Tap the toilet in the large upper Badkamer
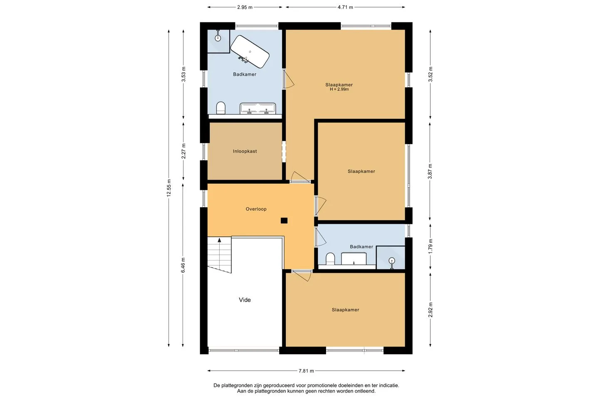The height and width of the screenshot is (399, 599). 220,108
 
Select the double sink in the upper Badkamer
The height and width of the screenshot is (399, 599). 258,109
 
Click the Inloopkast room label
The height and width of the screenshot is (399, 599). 245,151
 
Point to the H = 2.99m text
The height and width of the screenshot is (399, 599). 339,89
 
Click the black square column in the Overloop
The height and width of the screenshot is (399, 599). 284,220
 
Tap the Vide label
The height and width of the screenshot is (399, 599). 245,300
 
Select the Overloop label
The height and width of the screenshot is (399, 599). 256,209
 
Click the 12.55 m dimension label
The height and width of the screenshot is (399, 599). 169,188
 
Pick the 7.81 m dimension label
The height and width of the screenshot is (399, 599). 306,371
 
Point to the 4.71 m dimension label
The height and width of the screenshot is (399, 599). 345,7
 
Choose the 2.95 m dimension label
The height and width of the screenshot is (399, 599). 245,7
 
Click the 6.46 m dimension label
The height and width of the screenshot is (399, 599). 183,265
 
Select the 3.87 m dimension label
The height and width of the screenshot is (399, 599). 430,171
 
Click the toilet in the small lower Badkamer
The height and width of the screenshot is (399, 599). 330,259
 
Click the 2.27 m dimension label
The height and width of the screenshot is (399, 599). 183,151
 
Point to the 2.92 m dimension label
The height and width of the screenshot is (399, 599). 430,310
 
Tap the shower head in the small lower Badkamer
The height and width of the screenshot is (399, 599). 392,260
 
